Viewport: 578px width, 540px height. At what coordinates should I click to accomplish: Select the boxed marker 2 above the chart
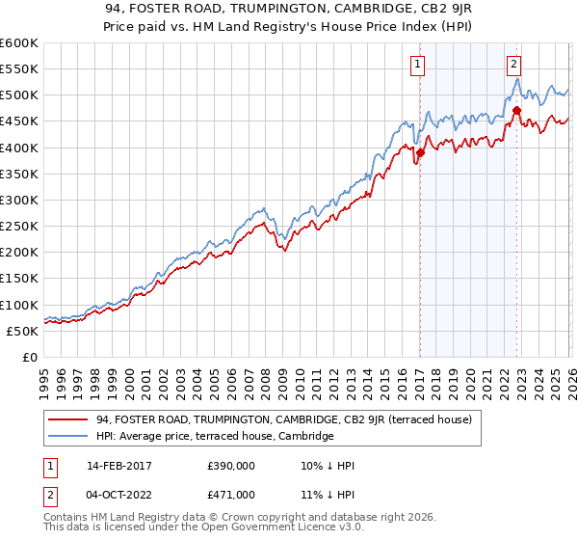[514, 65]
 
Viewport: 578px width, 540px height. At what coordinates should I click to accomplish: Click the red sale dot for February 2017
[420, 152]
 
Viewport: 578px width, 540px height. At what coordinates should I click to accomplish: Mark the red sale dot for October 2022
[516, 110]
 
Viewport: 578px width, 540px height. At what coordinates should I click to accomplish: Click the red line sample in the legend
[68, 419]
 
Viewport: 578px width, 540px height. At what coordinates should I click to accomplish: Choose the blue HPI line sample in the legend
[68, 437]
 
